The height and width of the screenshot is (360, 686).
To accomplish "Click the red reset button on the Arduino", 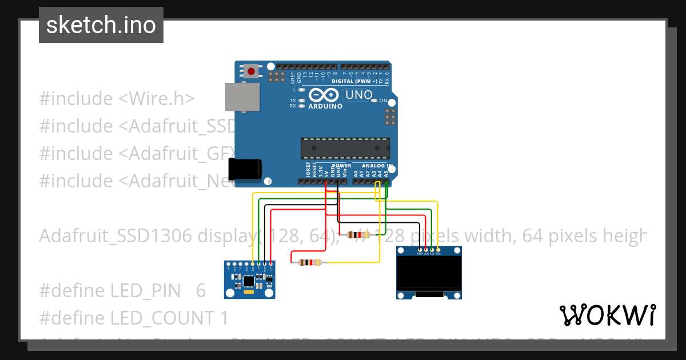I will pyautogui.click(x=251, y=71).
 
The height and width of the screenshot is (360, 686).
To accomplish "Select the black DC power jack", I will pyautogui.click(x=245, y=170).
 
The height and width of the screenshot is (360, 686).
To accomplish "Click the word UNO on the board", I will pyautogui.click(x=359, y=95).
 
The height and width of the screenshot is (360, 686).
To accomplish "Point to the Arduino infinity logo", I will pyautogui.click(x=324, y=95).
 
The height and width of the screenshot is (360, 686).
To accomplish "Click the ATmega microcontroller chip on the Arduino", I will pyautogui.click(x=346, y=148).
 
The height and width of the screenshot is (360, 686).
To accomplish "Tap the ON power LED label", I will pyautogui.click(x=384, y=101).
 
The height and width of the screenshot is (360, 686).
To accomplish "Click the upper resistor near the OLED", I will pyautogui.click(x=359, y=234).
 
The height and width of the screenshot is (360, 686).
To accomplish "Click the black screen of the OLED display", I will pyautogui.click(x=429, y=273).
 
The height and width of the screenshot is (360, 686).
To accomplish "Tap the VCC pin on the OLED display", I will pyautogui.click(x=426, y=250).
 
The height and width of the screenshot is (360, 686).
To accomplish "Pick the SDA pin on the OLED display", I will pyautogui.click(x=438, y=250).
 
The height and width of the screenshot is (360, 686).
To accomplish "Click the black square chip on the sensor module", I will pyautogui.click(x=249, y=281).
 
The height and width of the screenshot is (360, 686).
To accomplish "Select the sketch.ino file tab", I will pyautogui.click(x=101, y=25).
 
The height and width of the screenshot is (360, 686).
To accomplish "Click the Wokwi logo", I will pyautogui.click(x=607, y=315).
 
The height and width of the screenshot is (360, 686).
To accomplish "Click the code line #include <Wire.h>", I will pyautogui.click(x=117, y=98).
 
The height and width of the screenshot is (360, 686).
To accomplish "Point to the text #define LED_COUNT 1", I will pyautogui.click(x=133, y=318).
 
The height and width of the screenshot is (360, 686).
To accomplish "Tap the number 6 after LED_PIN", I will pyautogui.click(x=201, y=290).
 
